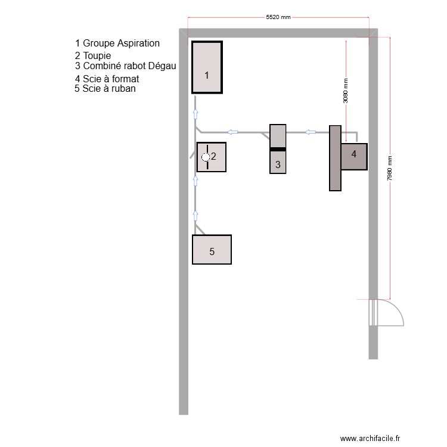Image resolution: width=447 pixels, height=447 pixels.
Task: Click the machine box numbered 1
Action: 207,67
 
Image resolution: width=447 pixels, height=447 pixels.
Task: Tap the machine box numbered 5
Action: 212,250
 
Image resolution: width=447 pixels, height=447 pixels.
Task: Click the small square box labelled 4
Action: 354,156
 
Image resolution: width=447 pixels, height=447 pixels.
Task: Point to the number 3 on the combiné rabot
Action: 278,164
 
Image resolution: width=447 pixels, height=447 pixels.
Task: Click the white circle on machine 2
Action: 206,157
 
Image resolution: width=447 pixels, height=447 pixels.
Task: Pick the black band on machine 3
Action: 278,148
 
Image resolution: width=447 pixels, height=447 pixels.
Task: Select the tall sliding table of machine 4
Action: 335,158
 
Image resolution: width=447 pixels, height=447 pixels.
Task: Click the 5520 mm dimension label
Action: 278,17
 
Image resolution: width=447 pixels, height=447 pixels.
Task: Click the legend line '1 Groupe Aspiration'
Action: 117,44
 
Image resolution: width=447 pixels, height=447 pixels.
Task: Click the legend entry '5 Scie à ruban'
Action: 105,89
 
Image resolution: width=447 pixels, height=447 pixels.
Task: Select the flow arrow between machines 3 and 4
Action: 311,132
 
